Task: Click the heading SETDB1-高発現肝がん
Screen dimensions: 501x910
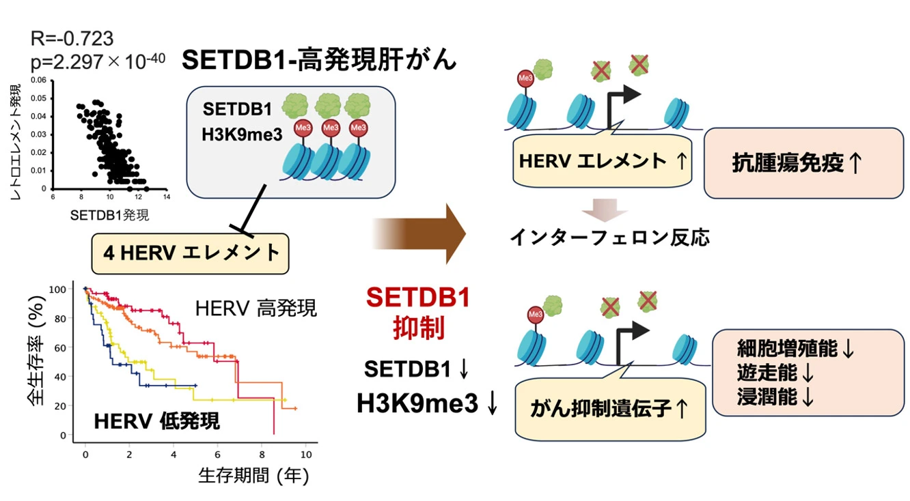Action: tap(318, 61)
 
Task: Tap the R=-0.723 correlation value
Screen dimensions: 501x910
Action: tap(72, 38)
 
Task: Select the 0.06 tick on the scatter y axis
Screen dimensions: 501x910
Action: tap(40, 81)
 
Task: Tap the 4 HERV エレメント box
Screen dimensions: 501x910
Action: tap(191, 253)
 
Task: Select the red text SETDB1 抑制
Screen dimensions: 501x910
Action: tap(418, 313)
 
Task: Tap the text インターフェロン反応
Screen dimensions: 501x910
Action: tap(609, 237)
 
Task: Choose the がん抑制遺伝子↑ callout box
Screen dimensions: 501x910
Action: tap(609, 409)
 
